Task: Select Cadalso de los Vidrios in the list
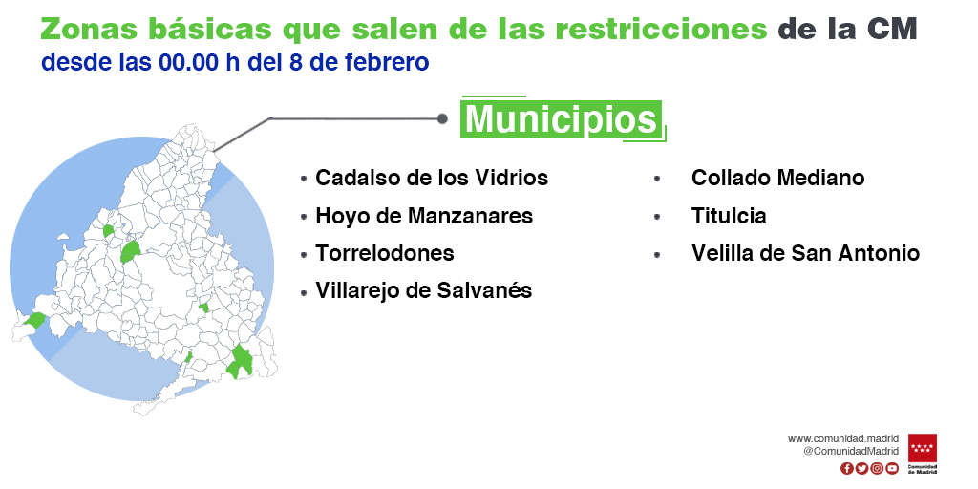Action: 432,178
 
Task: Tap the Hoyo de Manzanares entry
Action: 424,216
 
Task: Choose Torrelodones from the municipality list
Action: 385,253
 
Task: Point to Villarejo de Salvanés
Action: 423,290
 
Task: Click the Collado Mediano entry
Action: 777,178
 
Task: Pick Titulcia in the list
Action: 729,216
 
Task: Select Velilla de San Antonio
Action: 805,253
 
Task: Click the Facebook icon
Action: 847,468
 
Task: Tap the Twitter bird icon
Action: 862,468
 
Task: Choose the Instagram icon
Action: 877,468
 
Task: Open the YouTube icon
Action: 893,468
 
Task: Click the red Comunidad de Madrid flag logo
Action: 923,449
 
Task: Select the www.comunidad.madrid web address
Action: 843,439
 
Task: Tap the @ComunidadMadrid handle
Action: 851,451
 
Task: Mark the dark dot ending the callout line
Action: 442,118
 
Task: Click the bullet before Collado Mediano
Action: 657,179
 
